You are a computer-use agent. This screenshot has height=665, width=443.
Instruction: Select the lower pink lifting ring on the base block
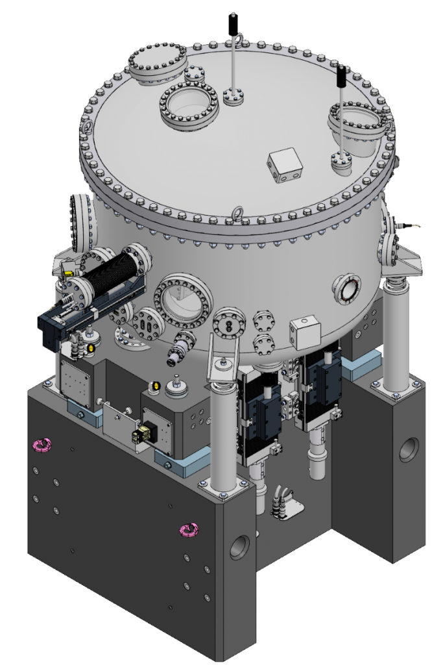tap(189, 531)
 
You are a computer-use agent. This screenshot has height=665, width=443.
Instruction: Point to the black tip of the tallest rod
tap(230, 24)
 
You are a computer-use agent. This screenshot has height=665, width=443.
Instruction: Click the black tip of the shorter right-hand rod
tap(340, 75)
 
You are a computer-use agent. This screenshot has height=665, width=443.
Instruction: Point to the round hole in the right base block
tap(409, 449)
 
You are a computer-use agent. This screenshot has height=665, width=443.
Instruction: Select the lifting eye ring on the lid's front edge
tap(239, 212)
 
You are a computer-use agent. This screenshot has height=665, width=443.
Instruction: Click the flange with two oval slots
tap(145, 322)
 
